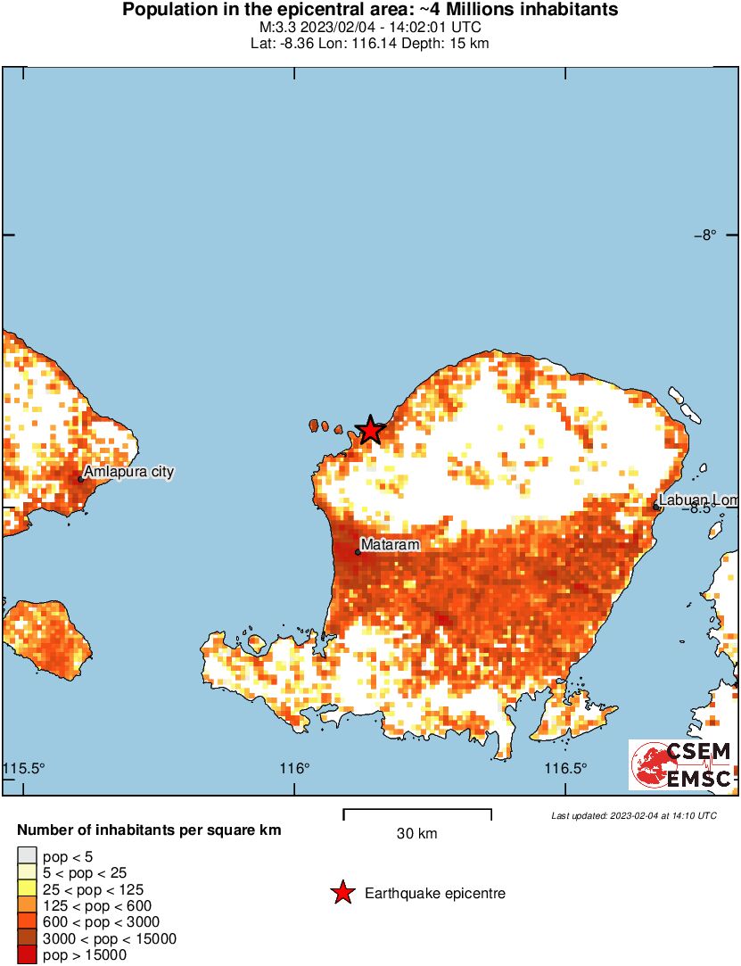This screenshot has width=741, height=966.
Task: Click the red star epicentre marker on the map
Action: (x=370, y=430)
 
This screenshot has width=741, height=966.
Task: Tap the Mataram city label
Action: (x=390, y=544)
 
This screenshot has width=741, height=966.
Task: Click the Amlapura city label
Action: (x=128, y=472)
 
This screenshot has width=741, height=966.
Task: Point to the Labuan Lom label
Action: (x=698, y=500)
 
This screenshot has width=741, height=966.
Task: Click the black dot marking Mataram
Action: (x=358, y=552)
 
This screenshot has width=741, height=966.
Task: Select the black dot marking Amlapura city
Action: (x=80, y=479)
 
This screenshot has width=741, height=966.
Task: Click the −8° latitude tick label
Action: (x=705, y=235)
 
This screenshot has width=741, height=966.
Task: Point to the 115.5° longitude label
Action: (x=24, y=769)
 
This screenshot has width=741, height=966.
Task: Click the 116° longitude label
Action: (x=295, y=769)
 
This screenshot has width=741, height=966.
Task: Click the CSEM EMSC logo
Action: (x=682, y=764)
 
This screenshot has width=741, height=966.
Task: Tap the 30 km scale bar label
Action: (x=417, y=834)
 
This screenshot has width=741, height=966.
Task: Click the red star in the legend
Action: (x=342, y=893)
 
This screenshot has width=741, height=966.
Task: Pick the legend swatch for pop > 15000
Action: (x=27, y=954)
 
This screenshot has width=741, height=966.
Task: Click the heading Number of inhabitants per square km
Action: (x=149, y=830)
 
